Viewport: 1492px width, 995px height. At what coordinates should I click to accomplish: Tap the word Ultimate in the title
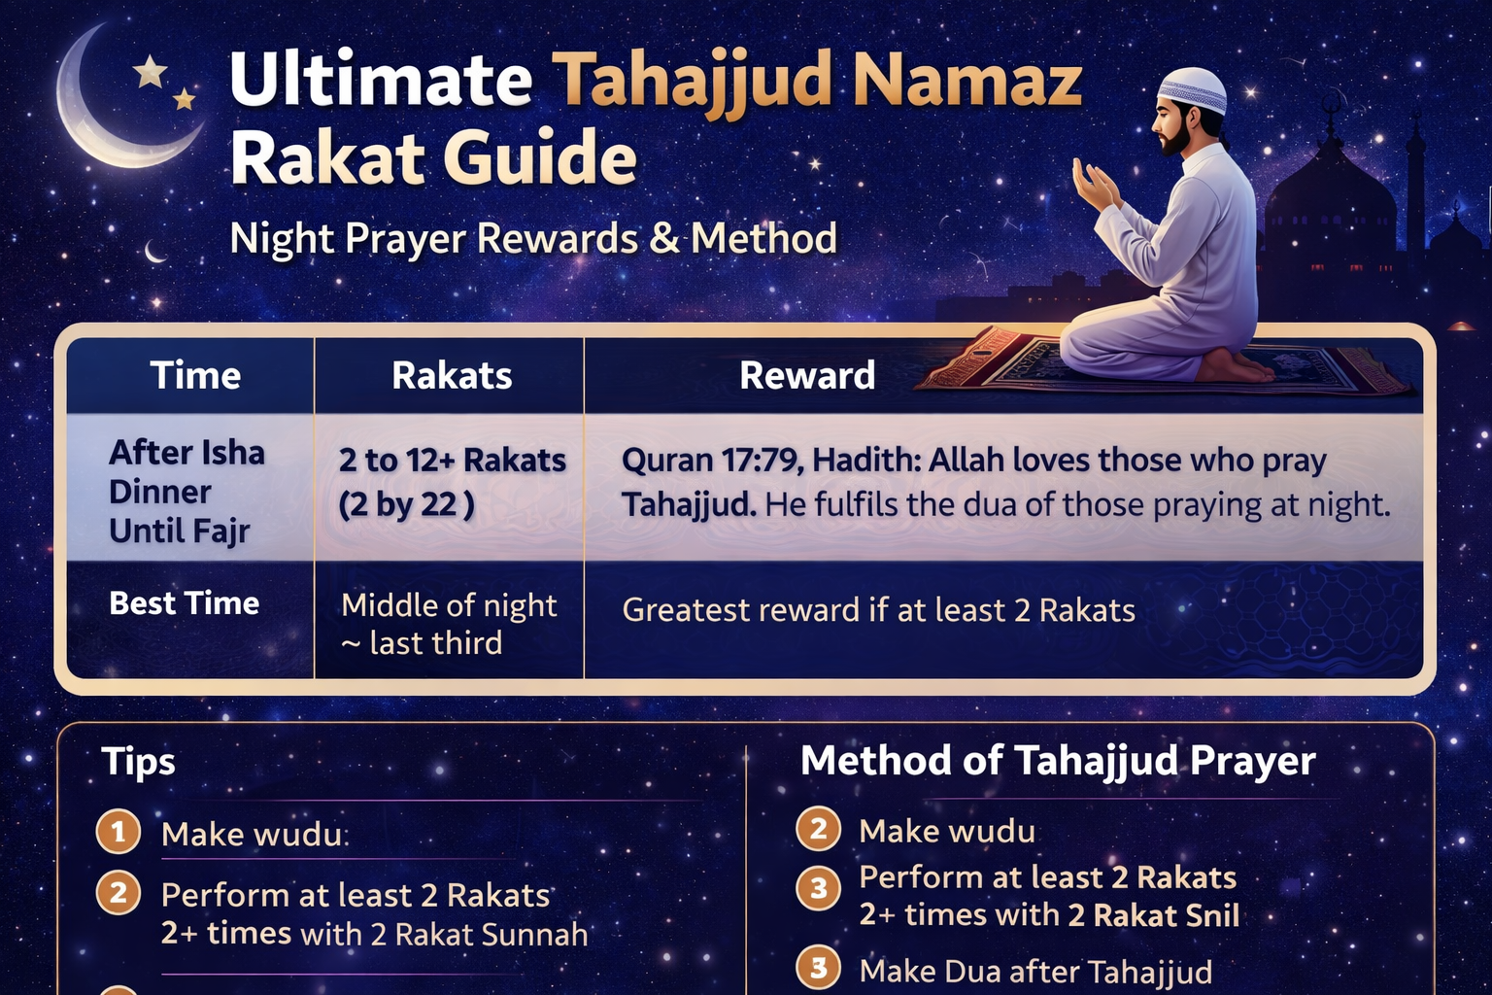pos(381,80)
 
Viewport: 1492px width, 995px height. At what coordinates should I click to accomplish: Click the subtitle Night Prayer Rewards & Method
pos(533,238)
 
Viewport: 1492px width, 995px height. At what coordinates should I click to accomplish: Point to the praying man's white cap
pos(1192,89)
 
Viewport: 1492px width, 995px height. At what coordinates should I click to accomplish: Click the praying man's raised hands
pos(1094,185)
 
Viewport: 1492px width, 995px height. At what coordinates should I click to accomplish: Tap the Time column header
pos(195,375)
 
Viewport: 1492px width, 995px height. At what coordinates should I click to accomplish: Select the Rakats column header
pos(452,375)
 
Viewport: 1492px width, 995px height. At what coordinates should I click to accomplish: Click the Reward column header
pos(807,375)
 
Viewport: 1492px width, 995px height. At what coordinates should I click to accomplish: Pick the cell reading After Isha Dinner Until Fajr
pos(186,491)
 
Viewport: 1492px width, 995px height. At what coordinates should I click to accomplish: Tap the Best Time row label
pos(185,603)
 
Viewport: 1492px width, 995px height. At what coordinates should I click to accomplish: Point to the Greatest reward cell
pos(878,609)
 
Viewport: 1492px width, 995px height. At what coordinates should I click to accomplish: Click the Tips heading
pos(138,762)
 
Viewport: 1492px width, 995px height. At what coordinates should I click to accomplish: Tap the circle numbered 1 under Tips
pos(119,832)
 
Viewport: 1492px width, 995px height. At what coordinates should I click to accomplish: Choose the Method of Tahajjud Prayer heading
pos(1058,760)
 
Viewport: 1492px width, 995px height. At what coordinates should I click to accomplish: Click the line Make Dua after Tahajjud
pos(1035,971)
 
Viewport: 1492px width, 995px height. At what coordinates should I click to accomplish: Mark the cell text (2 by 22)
pos(406,504)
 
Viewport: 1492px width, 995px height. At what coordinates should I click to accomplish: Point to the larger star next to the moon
pos(150,71)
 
